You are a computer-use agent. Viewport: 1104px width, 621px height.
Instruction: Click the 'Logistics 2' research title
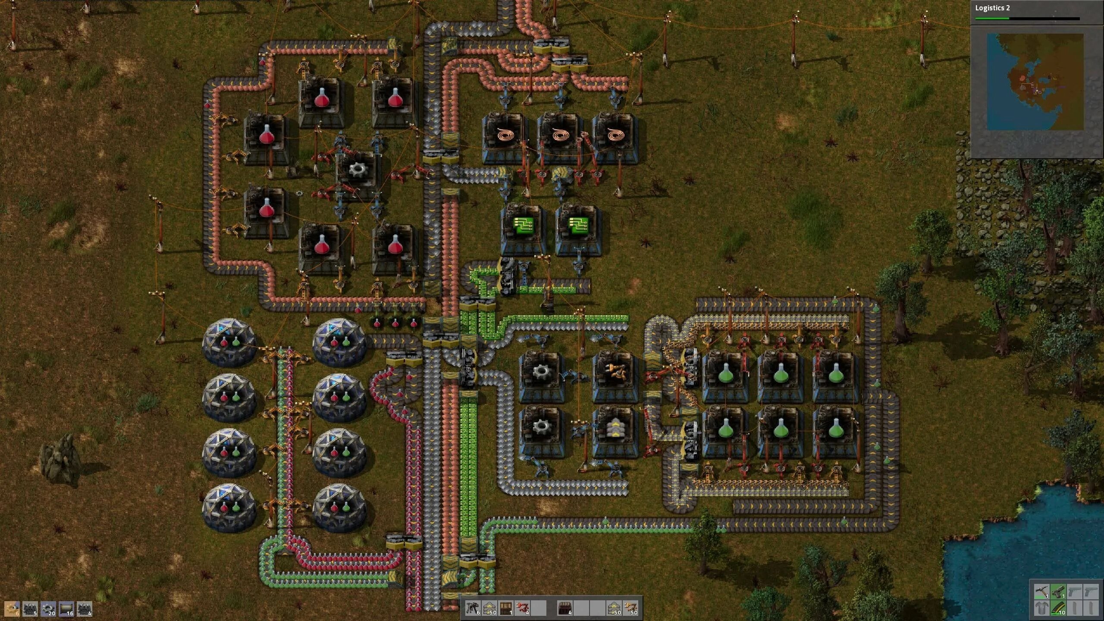point(992,8)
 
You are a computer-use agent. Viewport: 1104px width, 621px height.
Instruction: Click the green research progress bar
point(992,19)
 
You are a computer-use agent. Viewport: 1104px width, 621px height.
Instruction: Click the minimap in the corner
point(1035,82)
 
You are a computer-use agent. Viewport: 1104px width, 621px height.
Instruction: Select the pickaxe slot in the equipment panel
point(1041,591)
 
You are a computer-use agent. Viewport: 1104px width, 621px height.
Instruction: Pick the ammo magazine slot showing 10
point(1057,608)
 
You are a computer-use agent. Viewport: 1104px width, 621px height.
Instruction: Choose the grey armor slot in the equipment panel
point(1041,608)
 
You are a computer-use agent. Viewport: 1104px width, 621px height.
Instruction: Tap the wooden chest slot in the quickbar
point(506,608)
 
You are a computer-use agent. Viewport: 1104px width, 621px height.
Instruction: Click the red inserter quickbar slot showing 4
point(523,608)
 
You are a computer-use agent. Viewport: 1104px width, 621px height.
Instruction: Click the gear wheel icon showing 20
point(48,608)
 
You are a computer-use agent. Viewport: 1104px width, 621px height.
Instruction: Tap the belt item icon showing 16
point(66,608)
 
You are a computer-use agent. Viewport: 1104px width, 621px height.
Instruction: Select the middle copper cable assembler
point(559,137)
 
